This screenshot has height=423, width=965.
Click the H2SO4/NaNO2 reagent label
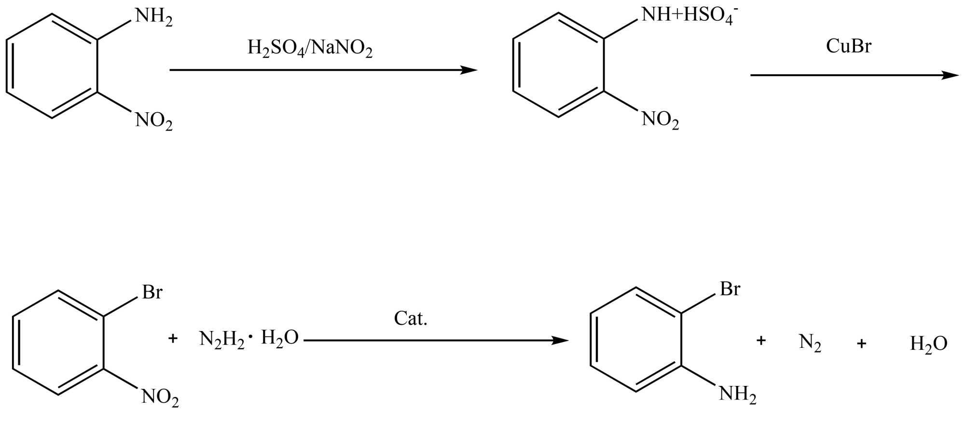click(310, 49)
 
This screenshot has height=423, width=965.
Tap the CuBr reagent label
click(848, 46)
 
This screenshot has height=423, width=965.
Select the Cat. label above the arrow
click(411, 318)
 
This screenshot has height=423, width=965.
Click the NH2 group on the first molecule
click(153, 17)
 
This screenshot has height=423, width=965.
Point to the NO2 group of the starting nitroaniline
click(153, 121)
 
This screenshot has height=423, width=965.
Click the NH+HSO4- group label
click(689, 16)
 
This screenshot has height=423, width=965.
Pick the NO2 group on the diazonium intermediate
click(660, 120)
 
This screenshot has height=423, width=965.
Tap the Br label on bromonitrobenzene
click(152, 292)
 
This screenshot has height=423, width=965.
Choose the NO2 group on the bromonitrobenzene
click(160, 398)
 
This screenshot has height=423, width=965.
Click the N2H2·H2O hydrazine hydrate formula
click(249, 339)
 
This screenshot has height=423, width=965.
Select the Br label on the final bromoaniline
click(730, 289)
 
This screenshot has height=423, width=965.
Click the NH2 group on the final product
click(737, 395)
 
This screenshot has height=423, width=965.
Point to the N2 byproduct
click(810, 343)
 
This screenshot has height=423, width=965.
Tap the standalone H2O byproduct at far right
click(928, 344)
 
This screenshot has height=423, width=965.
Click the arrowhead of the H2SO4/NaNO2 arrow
click(469, 70)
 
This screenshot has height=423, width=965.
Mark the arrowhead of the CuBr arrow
click(951, 75)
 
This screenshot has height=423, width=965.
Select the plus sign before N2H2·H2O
click(173, 339)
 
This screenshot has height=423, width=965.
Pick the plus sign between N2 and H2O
click(861, 344)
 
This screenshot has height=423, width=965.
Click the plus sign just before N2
click(761, 341)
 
